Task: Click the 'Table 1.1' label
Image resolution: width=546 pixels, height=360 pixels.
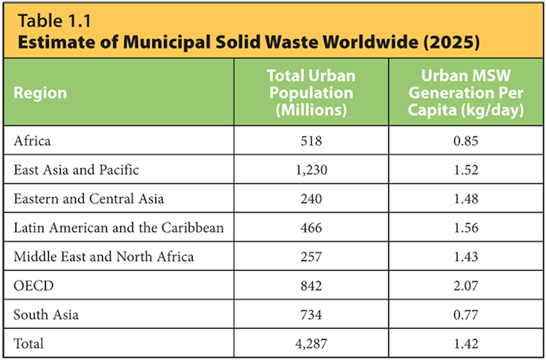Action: click(x=54, y=21)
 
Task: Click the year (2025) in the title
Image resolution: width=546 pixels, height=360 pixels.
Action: click(x=451, y=42)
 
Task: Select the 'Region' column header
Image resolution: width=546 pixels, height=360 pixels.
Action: click(x=40, y=93)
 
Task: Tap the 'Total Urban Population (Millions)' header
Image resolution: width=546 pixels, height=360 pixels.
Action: click(x=311, y=93)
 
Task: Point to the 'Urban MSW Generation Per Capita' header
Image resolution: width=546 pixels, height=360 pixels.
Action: click(x=466, y=93)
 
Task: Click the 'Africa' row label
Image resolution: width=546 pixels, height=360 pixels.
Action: click(x=32, y=141)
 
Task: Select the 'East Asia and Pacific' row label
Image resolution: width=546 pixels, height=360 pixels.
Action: click(x=76, y=170)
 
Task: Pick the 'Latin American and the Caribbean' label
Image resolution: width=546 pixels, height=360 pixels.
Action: click(x=119, y=228)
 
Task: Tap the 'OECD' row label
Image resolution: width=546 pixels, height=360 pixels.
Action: click(x=34, y=285)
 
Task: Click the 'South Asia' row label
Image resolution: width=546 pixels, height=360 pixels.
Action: click(x=46, y=315)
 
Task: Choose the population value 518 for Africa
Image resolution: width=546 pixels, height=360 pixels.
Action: click(x=311, y=141)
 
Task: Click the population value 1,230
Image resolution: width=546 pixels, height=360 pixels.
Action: click(x=311, y=170)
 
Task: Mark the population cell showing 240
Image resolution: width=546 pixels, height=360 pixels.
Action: click(x=311, y=199)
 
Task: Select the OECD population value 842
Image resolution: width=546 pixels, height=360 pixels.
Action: click(x=311, y=285)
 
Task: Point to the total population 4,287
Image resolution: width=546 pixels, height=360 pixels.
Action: click(x=311, y=344)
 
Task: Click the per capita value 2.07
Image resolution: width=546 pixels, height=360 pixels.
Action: click(x=466, y=285)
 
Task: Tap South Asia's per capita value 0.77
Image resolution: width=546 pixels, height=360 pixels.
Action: click(x=466, y=315)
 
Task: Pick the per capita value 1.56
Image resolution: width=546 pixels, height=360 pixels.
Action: click(x=466, y=228)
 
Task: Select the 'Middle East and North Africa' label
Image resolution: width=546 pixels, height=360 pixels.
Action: click(x=104, y=257)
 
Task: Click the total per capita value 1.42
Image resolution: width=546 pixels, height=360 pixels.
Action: click(x=466, y=344)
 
